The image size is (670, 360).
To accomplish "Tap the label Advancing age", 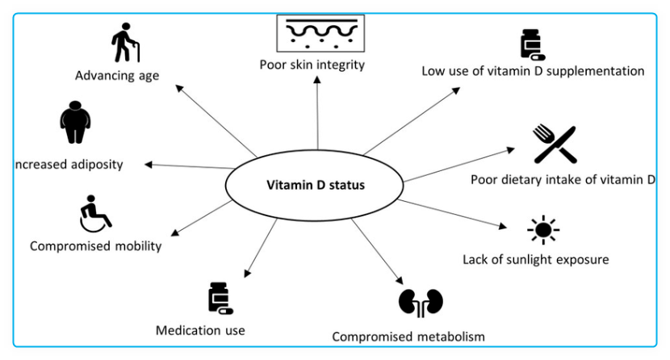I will [x=117, y=77].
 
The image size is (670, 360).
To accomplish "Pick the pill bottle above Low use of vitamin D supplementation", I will [x=533, y=46].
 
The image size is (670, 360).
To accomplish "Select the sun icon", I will [x=542, y=231].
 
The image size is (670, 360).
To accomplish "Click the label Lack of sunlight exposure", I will [x=535, y=259].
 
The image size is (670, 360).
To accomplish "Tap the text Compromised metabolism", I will [x=408, y=336].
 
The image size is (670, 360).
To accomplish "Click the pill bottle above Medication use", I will [x=219, y=299].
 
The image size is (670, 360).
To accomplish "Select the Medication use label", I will [x=200, y=329].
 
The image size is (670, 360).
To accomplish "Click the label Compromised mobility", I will [x=95, y=246].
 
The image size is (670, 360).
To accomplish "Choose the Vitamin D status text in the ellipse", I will [x=316, y=185].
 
